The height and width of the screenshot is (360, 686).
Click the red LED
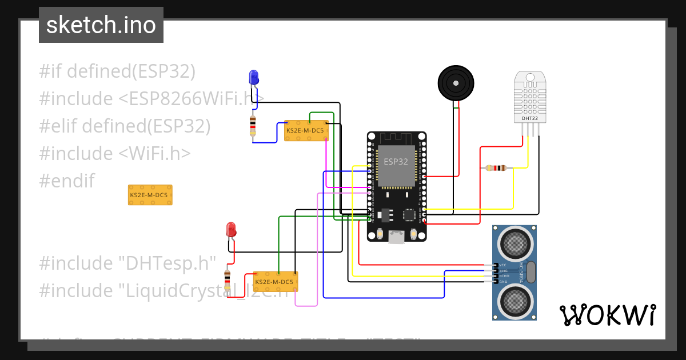pyautogui.click(x=231, y=230)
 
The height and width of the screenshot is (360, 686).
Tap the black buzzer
pyautogui.click(x=456, y=83)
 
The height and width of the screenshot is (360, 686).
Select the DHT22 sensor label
pyautogui.click(x=529, y=118)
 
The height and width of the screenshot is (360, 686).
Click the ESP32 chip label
pyautogui.click(x=396, y=162)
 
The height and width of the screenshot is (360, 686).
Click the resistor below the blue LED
pyautogui.click(x=253, y=126)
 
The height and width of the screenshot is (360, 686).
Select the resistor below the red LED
pyautogui.click(x=228, y=281)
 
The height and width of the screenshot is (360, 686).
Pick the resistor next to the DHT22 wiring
pyautogui.click(x=496, y=168)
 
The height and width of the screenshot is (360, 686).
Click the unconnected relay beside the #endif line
pyautogui.click(x=150, y=195)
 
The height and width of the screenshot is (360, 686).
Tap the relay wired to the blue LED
pyautogui.click(x=306, y=130)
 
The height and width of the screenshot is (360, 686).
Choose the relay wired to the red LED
pyautogui.click(x=275, y=282)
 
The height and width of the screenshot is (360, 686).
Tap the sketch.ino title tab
pyautogui.click(x=101, y=25)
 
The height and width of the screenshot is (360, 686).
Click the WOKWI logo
pyautogui.click(x=607, y=315)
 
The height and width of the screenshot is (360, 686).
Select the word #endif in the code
pyautogui.click(x=66, y=181)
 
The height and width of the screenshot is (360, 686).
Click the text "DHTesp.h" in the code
pyautogui.click(x=167, y=263)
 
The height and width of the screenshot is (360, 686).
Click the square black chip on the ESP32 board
pyautogui.click(x=410, y=215)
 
